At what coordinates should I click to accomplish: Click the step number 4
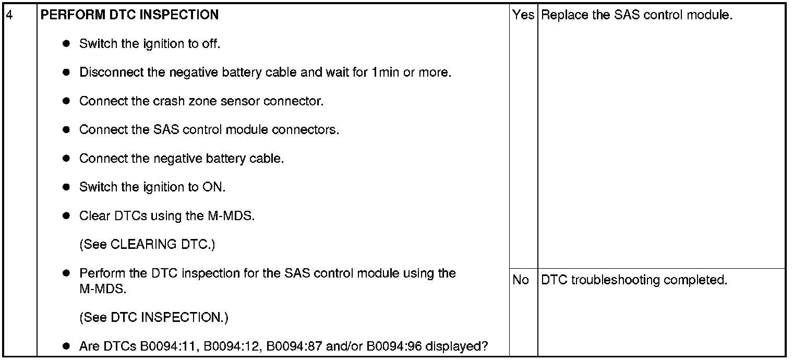[x=8, y=15]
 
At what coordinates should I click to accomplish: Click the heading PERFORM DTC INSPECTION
[x=129, y=15]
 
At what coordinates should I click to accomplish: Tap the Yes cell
[x=523, y=15]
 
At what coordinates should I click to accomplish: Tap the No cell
[x=521, y=280]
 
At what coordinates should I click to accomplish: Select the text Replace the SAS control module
[x=637, y=15]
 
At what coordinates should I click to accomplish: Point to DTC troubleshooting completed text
[x=634, y=280]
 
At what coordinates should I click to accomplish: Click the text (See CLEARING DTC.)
[x=147, y=245]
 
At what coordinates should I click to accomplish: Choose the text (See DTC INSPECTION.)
[x=154, y=317]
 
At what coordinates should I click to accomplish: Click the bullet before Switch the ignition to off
[x=66, y=44]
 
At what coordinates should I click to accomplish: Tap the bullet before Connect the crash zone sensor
[x=66, y=101]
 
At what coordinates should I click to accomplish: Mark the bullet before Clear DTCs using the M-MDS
[x=66, y=215]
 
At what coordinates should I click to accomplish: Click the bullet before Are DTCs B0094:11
[x=66, y=346]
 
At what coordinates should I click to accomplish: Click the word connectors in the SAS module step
[x=310, y=129]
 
